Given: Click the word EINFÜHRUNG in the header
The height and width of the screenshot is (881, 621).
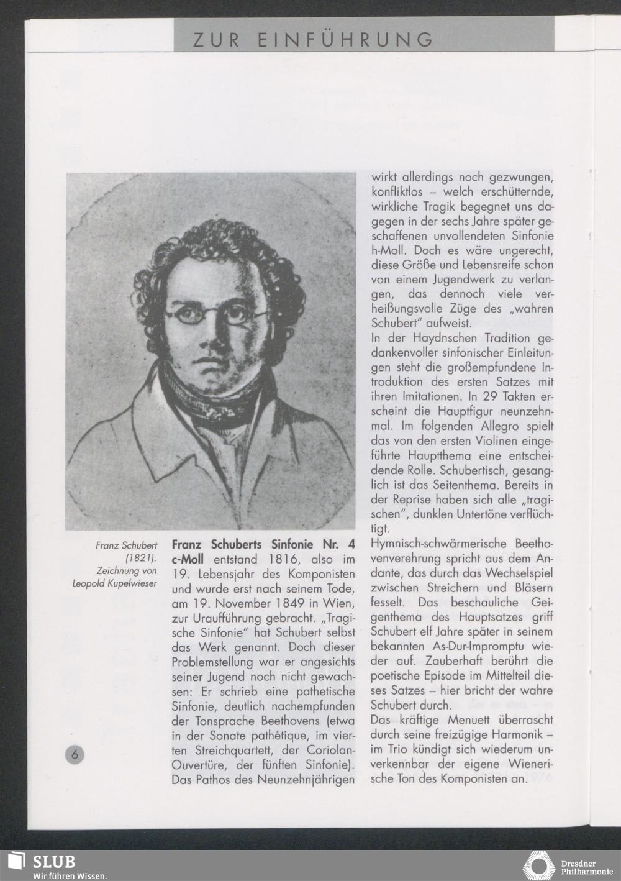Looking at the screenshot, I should (345, 39).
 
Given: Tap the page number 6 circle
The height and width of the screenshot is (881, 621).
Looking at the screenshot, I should (74, 754).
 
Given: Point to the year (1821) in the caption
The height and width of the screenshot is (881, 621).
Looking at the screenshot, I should (141, 558).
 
